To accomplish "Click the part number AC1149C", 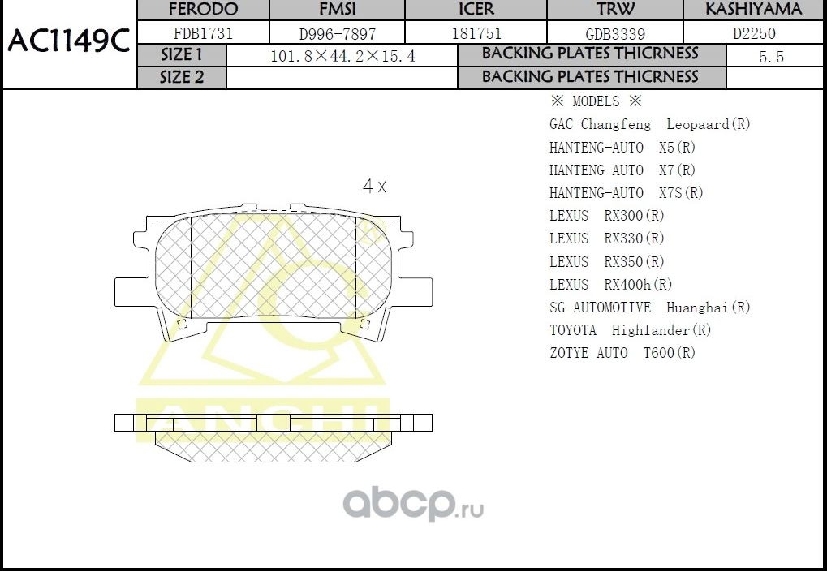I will coord(68,41).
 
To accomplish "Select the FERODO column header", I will coord(203,10).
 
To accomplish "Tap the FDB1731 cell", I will coord(203,33).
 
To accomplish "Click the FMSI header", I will coord(338,10).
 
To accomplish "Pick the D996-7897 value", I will coord(338,34).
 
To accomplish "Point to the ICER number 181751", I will coord(476,33).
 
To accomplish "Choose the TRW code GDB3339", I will coord(615,34).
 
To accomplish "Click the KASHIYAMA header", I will coord(753,10).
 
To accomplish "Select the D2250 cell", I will coord(754,34).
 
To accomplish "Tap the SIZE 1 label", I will coord(182,55).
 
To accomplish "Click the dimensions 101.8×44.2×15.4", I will coord(342,57).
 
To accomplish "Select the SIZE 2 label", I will coord(182,78).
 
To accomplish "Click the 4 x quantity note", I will coord(374,186).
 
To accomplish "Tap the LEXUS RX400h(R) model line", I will coord(610,285).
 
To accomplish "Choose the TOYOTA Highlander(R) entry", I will coord(630,330).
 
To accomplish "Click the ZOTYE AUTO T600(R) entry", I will coord(622,353).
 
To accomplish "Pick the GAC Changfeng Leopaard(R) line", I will coord(649,125).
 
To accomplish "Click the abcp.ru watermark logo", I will coord(413,505).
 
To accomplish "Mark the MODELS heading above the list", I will coord(596,102).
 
